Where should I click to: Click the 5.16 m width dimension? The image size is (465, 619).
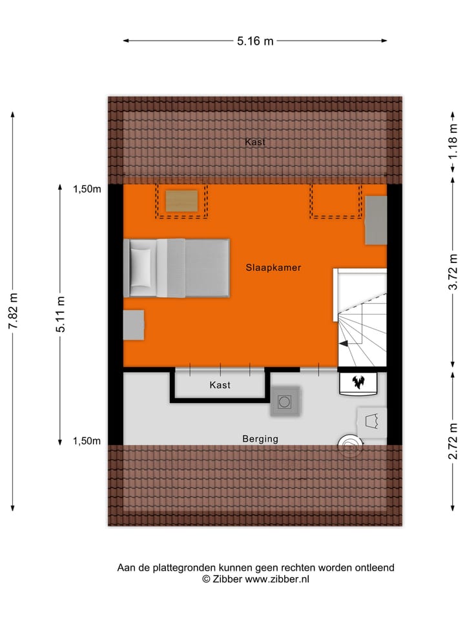255,41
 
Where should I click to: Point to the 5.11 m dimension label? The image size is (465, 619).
61,314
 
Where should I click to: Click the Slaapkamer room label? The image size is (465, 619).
273,267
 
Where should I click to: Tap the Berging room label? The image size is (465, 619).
260,439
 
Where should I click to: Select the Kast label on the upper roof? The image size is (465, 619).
254,142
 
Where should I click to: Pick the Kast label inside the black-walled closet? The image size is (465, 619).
220,385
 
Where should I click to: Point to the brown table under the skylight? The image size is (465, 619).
181,201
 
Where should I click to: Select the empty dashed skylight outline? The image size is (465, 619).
335,201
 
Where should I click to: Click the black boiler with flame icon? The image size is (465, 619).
358,382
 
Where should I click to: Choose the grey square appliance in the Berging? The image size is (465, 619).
285,402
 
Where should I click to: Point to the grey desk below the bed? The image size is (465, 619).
134,324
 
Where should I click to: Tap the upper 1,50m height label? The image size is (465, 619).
87,189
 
